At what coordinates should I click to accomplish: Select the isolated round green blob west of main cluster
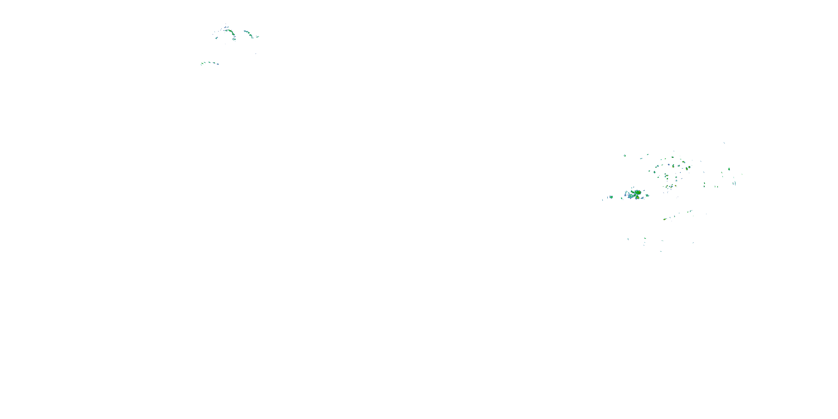tap(611, 197)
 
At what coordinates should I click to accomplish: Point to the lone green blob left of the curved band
tap(216, 38)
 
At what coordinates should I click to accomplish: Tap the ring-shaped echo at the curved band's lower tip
tap(235, 39)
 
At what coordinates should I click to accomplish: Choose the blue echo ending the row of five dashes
tap(218, 64)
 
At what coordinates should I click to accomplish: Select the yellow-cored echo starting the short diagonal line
tap(665, 219)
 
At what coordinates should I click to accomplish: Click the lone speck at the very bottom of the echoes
tap(661, 251)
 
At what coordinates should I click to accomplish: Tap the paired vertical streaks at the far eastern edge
tap(734, 183)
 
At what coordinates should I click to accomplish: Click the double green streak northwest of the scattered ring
tap(625, 156)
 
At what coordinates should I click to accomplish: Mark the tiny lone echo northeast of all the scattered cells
tap(724, 142)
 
